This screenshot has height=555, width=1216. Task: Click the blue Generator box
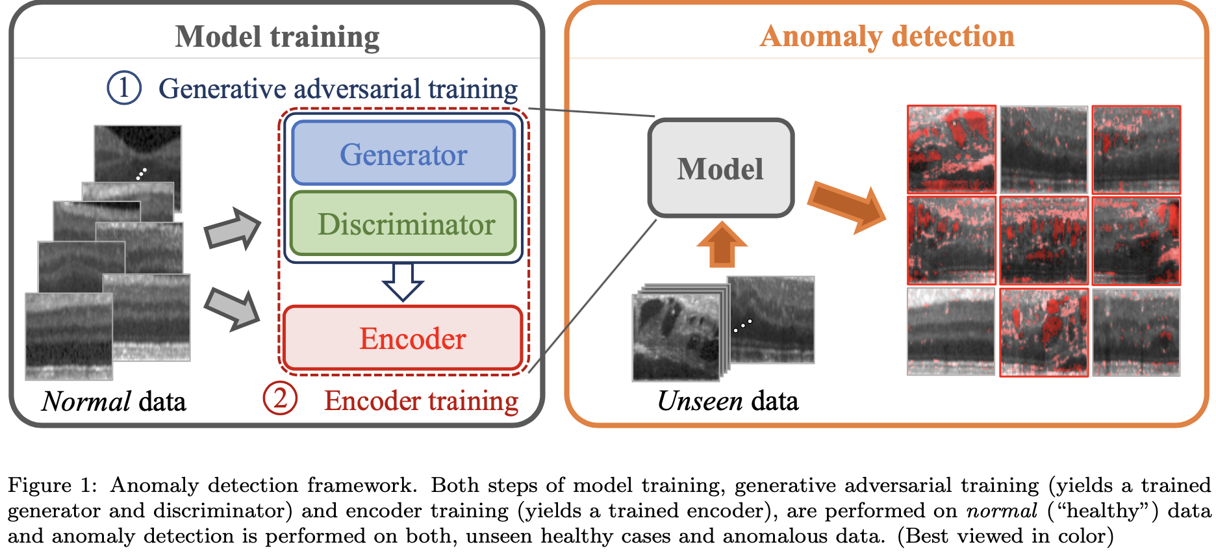(x=403, y=153)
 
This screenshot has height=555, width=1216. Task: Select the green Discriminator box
(x=403, y=224)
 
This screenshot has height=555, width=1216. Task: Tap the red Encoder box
(x=403, y=338)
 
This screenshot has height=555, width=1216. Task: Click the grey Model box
(x=720, y=168)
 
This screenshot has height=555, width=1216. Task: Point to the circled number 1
(x=124, y=88)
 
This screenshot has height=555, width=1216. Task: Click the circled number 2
(x=280, y=398)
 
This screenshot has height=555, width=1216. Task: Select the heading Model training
(x=277, y=36)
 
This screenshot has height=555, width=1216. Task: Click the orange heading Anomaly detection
(x=887, y=36)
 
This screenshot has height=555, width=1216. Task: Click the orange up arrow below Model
(x=722, y=244)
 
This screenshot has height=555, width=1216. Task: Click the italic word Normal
(x=86, y=402)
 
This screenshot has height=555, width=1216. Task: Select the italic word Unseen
(x=700, y=401)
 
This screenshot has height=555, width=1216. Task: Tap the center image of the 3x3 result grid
(x=1043, y=241)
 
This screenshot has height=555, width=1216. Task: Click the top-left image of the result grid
(x=951, y=149)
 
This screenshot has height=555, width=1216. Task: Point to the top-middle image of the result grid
(x=1043, y=149)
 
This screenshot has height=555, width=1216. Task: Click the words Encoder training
(x=421, y=401)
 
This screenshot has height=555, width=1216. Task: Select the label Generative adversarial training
(x=338, y=88)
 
